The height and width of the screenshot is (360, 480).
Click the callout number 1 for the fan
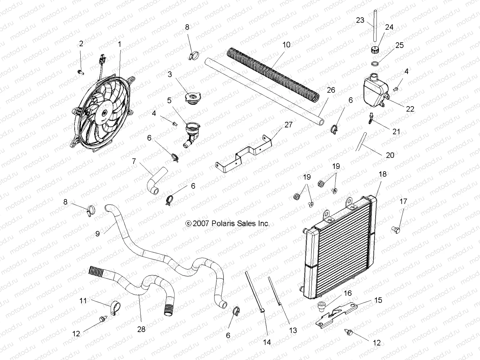tap(120, 44)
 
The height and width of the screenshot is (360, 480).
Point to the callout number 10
tap(286, 45)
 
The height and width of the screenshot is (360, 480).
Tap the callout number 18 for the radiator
tap(382, 174)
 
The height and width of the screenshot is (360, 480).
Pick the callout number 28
tap(141, 329)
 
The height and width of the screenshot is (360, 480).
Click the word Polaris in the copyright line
tap(221, 223)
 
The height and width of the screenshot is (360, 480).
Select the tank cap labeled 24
tap(374, 49)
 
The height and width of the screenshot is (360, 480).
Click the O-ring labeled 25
tap(375, 64)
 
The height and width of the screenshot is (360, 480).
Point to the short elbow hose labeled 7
tap(157, 181)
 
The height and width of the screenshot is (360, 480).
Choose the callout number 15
tap(378, 300)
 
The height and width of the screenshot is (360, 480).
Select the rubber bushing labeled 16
tap(322, 307)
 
